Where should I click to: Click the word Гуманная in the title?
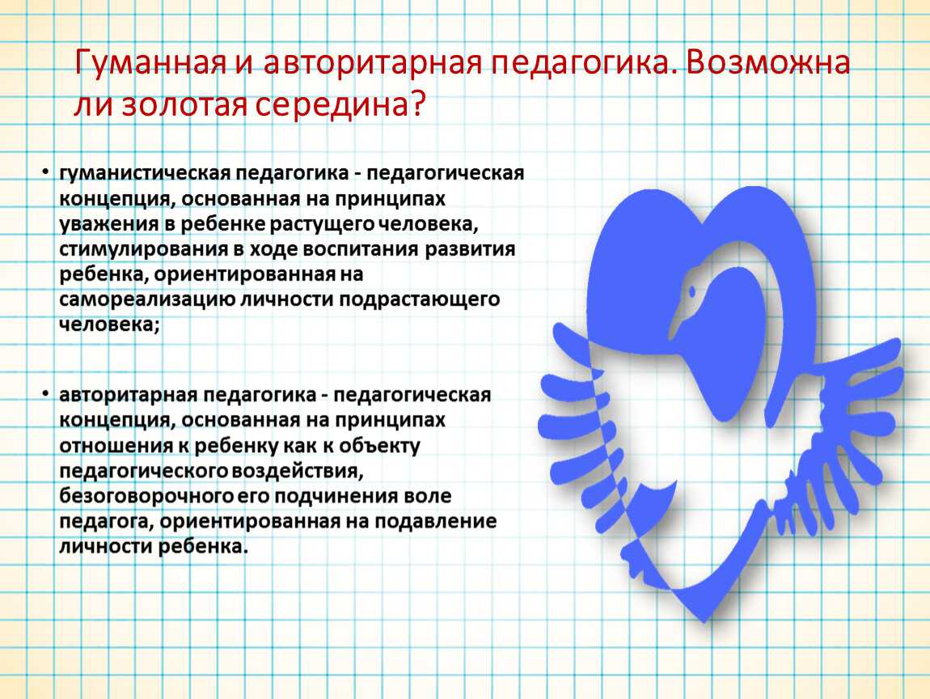[150, 62]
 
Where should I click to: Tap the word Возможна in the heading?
[769, 62]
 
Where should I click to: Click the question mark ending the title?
[417, 104]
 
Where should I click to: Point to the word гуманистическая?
[145, 173]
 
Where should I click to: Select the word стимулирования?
[143, 250]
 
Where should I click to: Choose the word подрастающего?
[420, 299]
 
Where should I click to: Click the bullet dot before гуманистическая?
[45, 172]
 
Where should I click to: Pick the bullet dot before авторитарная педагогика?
[45, 394]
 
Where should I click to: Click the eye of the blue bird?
[691, 291]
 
